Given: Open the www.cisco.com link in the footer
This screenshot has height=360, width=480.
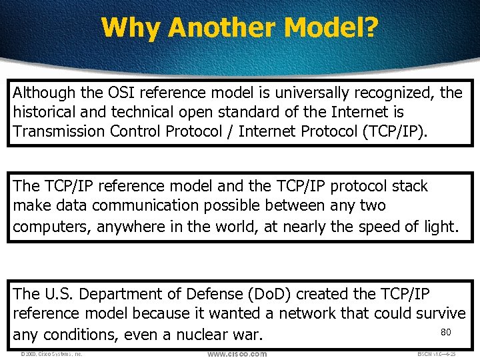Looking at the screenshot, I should coord(237,354).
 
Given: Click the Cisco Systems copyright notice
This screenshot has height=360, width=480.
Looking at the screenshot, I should coord(51,354).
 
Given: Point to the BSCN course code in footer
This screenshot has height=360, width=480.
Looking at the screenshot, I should coord(435,354).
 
